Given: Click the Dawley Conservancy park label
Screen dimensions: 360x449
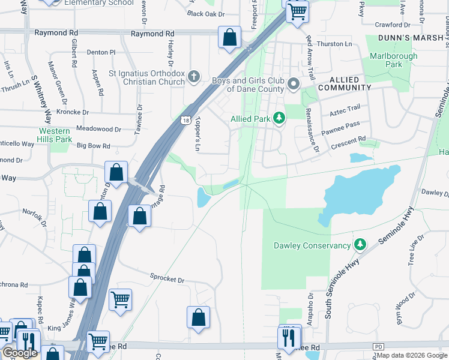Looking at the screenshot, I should click(x=312, y=245).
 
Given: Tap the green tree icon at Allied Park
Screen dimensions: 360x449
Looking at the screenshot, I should click(x=279, y=118).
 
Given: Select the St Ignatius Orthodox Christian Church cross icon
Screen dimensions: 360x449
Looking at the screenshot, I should click(x=193, y=77).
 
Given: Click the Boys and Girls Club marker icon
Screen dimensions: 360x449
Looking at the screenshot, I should click(x=294, y=84).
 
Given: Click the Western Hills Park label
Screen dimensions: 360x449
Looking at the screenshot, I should click(x=55, y=135).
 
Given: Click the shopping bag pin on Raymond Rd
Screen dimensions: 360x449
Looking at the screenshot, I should click(x=229, y=38).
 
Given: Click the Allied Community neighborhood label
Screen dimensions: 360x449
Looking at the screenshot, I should click(x=350, y=83).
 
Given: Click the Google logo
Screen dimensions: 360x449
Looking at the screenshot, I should click(x=20, y=353).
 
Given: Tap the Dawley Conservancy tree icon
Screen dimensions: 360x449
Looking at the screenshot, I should click(x=360, y=244).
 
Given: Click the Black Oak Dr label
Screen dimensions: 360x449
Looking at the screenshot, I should click(x=205, y=13).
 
